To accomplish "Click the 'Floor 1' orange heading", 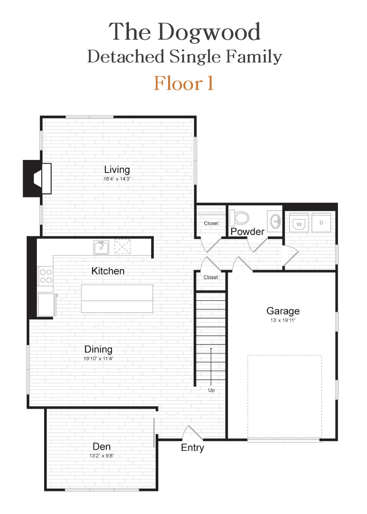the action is click(183, 83).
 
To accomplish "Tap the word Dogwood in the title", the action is click(209, 32).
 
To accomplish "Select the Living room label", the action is click(117, 170).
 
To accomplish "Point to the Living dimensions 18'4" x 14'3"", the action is click(117, 179).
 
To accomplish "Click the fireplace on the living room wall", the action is click(37, 178).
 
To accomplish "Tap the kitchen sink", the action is click(101, 247).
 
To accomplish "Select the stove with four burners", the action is click(46, 276).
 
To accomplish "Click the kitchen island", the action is click(117, 298).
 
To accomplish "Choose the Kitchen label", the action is click(108, 271).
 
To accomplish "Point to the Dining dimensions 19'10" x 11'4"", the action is click(98, 358).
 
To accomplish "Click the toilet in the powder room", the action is click(239, 217).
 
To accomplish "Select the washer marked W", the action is click(299, 223).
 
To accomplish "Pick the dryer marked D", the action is click(321, 222).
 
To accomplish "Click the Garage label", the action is click(283, 311).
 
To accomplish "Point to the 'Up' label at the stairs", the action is click(211, 390).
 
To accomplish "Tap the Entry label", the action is click(192, 448).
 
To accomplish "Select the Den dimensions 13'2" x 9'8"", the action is click(102, 456).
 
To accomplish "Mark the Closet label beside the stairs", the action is click(211, 278).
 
